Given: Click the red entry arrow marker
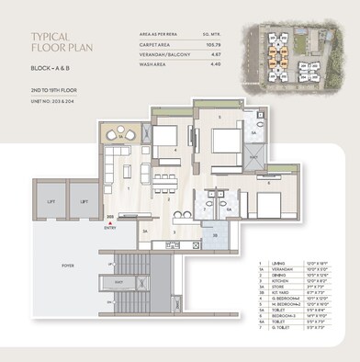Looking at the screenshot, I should (112, 219).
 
